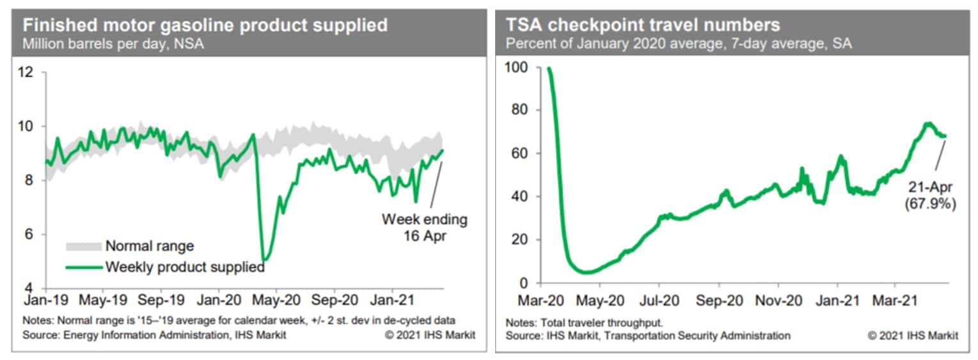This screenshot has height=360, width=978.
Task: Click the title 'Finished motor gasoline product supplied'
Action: click(x=205, y=26)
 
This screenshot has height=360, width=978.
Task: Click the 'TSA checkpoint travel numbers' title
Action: click(x=643, y=26)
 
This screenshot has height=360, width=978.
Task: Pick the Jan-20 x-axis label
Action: click(x=219, y=299)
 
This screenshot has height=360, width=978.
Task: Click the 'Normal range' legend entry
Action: click(x=149, y=246)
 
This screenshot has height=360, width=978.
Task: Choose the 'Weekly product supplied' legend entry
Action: click(x=184, y=267)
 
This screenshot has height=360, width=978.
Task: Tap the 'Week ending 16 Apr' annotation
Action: click(x=425, y=227)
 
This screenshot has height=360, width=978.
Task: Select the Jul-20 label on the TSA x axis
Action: click(x=659, y=299)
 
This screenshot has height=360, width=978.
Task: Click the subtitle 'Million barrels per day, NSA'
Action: click(x=113, y=45)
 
